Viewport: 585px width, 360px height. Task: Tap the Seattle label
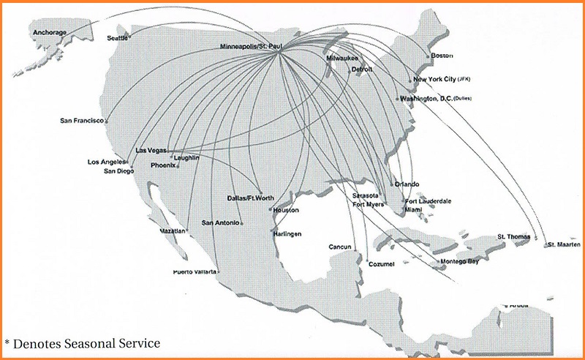(x=117, y=37)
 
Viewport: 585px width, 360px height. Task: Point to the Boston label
(x=442, y=56)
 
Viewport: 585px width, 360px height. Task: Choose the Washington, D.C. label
(x=426, y=98)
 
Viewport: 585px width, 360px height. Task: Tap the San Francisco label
(x=82, y=120)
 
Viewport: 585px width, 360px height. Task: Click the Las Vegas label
(x=151, y=150)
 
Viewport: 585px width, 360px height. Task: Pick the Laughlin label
(x=186, y=157)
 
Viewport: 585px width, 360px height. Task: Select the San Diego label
(x=118, y=170)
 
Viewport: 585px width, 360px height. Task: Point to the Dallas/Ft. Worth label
(x=249, y=198)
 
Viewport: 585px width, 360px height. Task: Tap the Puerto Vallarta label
(x=195, y=271)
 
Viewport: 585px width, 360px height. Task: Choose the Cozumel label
(x=380, y=263)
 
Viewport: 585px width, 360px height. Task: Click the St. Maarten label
(x=564, y=244)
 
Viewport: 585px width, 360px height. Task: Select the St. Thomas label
(x=513, y=236)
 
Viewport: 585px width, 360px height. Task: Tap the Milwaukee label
(x=342, y=57)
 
